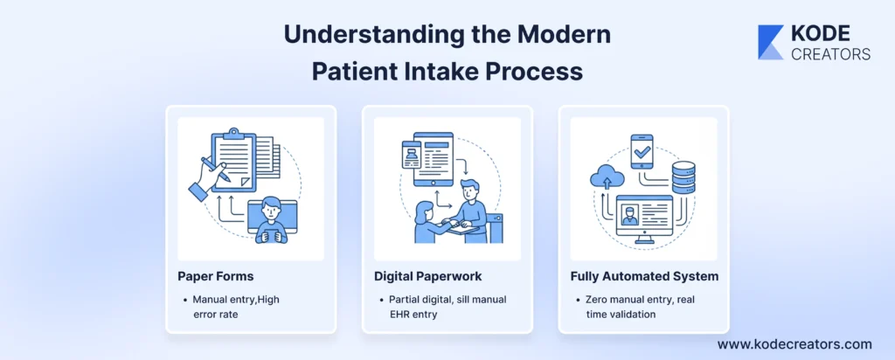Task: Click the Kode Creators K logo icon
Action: pos(771,42)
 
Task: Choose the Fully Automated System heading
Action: pos(644,276)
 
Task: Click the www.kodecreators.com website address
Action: pos(794,344)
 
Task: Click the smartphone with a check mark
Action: pos(642,152)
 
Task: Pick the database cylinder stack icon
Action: pos(683,178)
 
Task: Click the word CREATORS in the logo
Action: pos(830,54)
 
